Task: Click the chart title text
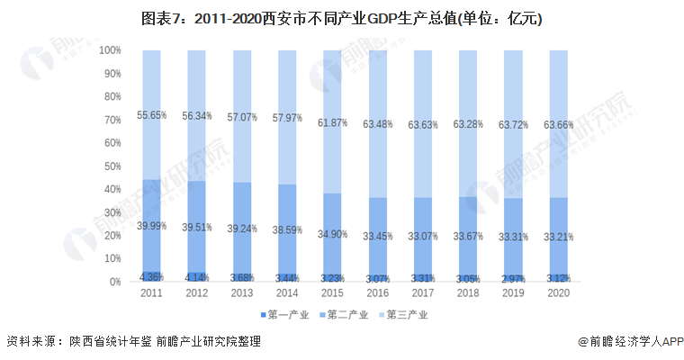[341, 17]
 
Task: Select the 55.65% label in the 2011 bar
[151, 114]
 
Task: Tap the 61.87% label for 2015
[332, 123]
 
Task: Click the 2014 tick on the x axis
[287, 293]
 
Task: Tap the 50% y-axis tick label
[112, 166]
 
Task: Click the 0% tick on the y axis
[115, 282]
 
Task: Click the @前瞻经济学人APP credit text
[630, 342]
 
